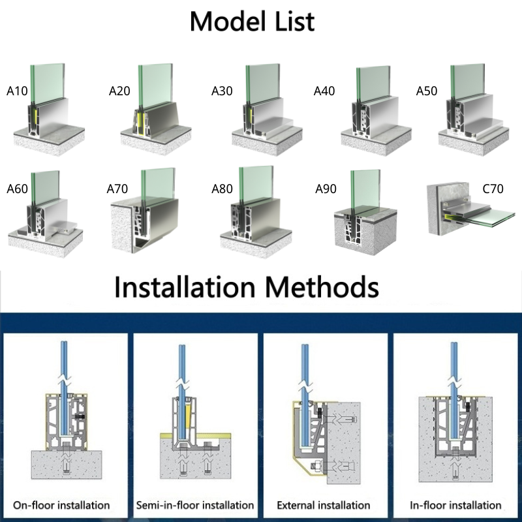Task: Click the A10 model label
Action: point(17,91)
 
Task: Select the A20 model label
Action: point(119,91)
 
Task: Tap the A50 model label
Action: point(427,91)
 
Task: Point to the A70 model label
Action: point(117,189)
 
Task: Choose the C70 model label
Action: point(493,189)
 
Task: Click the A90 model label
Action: point(326,189)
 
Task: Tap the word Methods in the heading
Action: point(322,287)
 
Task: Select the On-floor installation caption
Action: point(61,505)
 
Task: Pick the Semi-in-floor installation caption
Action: point(195,505)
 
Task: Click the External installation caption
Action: point(324,505)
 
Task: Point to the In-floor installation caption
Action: point(455,505)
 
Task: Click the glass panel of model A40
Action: point(373,84)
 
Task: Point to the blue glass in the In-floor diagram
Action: point(454,390)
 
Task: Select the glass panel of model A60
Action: point(46,188)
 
